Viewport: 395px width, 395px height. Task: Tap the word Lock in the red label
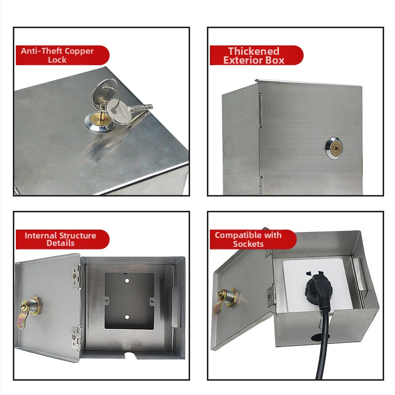click(x=57, y=60)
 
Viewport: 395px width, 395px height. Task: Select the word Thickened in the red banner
click(x=254, y=51)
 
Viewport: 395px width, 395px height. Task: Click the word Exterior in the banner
click(x=243, y=60)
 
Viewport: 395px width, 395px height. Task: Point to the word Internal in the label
click(x=40, y=236)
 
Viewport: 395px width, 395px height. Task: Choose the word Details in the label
click(x=60, y=243)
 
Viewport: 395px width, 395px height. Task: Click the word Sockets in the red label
click(x=248, y=244)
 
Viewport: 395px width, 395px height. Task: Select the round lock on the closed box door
click(x=333, y=148)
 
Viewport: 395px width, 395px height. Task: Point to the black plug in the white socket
click(x=318, y=288)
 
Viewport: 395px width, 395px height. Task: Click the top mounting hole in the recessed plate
click(x=127, y=280)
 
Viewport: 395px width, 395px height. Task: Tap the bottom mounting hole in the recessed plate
click(x=127, y=317)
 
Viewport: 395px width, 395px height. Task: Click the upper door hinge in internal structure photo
click(x=77, y=276)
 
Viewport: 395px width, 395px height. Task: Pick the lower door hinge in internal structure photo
click(x=77, y=337)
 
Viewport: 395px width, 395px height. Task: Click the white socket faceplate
click(x=318, y=285)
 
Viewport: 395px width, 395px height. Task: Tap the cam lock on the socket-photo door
click(x=225, y=300)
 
